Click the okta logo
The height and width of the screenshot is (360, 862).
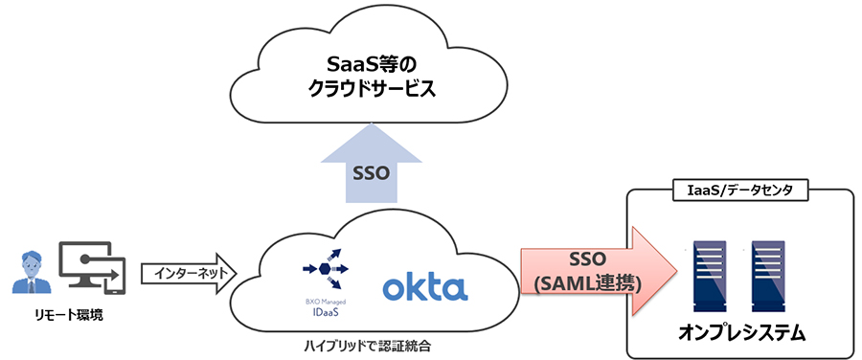coord(424,287)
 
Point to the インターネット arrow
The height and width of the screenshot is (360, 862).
coord(188,274)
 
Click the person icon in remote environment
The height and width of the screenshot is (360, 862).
coord(32,272)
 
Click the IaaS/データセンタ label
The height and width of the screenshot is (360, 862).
coord(738,190)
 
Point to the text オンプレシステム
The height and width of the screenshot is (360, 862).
coord(739,333)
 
